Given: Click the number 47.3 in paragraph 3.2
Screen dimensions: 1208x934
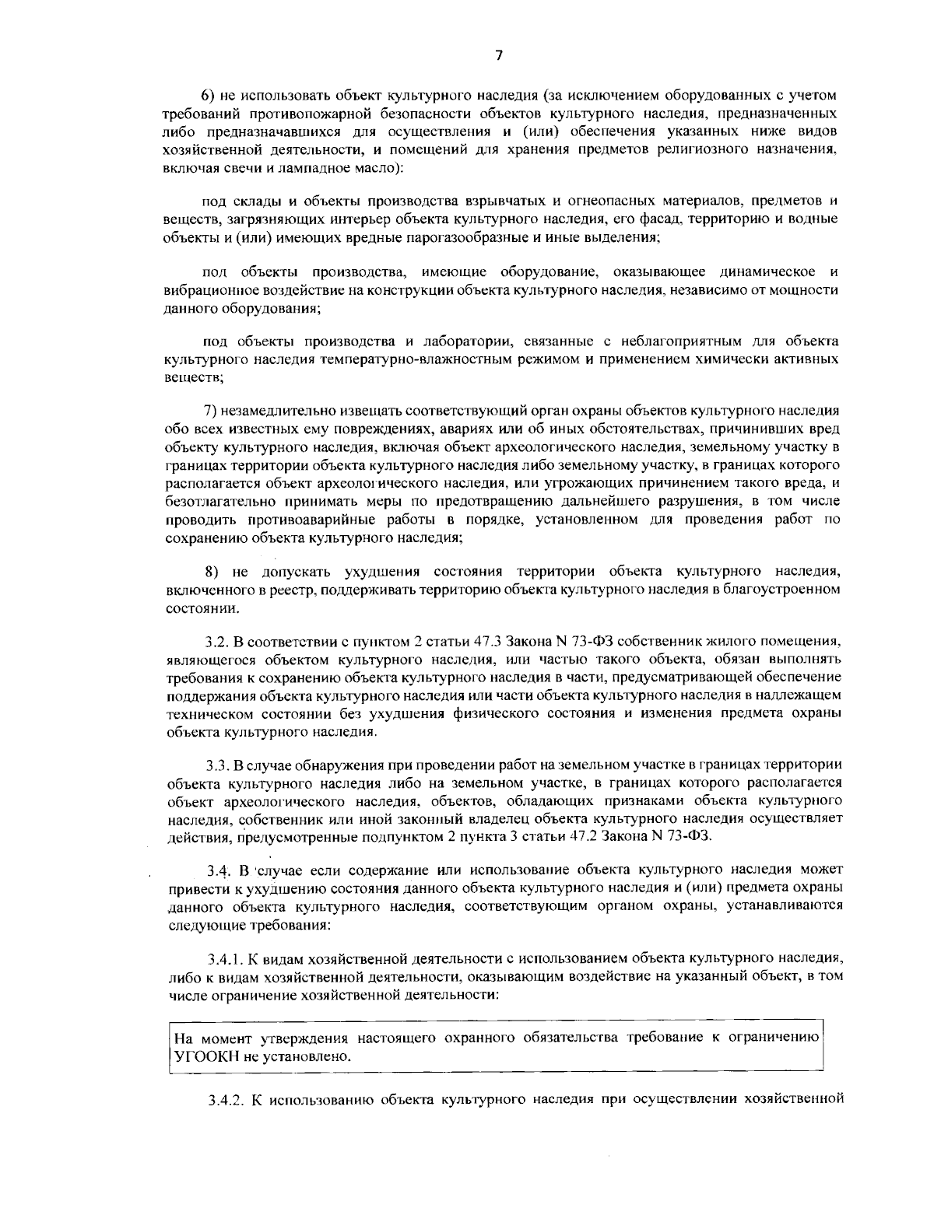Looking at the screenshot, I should (488, 643).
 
